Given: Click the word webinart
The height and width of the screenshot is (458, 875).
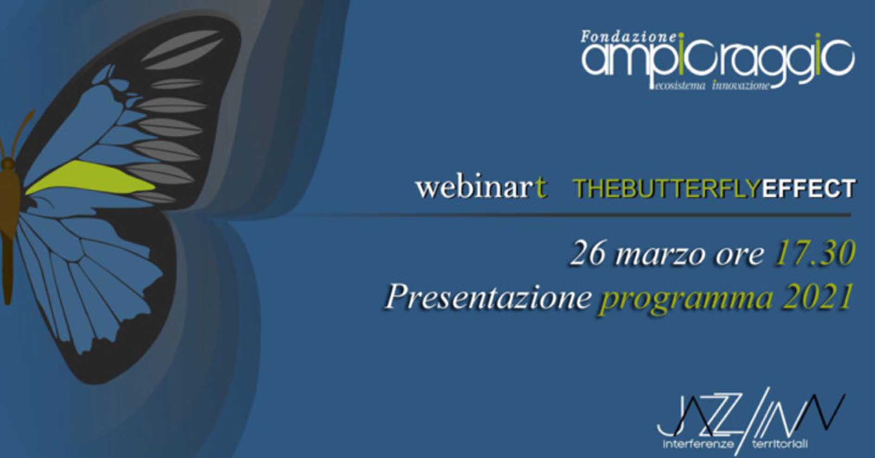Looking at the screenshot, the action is [481, 188].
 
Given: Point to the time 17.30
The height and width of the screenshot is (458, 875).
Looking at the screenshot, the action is [814, 254].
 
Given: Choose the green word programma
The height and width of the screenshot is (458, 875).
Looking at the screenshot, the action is [686, 300].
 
